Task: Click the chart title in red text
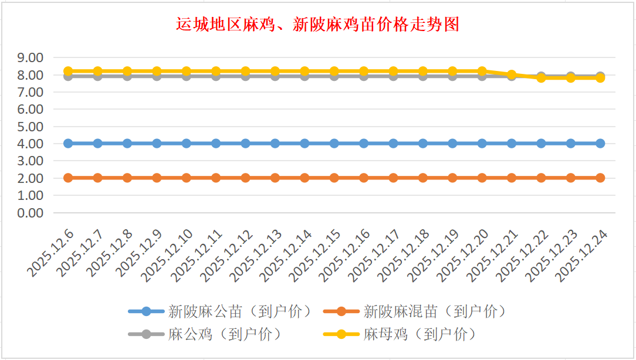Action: pyautogui.click(x=317, y=25)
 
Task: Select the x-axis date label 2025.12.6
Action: pyautogui.click(x=52, y=253)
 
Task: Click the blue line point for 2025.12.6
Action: pyautogui.click(x=68, y=144)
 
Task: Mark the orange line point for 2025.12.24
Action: pyautogui.click(x=600, y=178)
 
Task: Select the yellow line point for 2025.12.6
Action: pyautogui.click(x=68, y=72)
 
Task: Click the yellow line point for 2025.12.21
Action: pyautogui.click(x=512, y=74)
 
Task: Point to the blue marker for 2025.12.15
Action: pyautogui.click(x=334, y=144)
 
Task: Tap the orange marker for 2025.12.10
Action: pyautogui.click(x=187, y=178)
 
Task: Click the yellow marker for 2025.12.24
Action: pyautogui.click(x=600, y=78)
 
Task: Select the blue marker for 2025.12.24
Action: pyautogui.click(x=600, y=144)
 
